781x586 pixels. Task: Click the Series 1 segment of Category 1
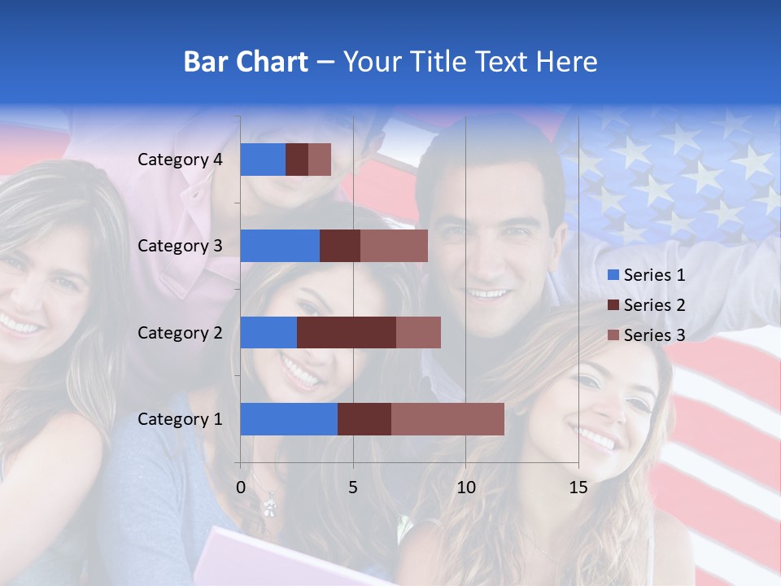pyautogui.click(x=289, y=419)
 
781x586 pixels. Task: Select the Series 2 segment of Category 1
pyautogui.click(x=364, y=419)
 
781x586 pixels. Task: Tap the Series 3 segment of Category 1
pyautogui.click(x=447, y=419)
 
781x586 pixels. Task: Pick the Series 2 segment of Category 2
pyautogui.click(x=347, y=332)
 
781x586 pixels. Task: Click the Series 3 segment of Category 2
pyautogui.click(x=418, y=332)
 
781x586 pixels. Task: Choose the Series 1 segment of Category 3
pyautogui.click(x=280, y=246)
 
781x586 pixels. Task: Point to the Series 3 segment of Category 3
pyautogui.click(x=394, y=246)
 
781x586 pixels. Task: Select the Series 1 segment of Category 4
pyautogui.click(x=263, y=160)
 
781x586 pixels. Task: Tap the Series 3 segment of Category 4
pyautogui.click(x=320, y=160)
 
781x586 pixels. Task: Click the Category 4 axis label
pyautogui.click(x=180, y=160)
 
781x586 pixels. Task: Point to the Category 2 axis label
pyautogui.click(x=180, y=332)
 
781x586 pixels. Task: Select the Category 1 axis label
pyautogui.click(x=180, y=419)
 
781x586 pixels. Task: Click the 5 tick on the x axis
pyautogui.click(x=353, y=488)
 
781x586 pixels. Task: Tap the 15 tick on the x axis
pyautogui.click(x=578, y=488)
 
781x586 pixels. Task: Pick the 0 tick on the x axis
pyautogui.click(x=241, y=488)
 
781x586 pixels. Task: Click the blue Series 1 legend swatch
pyautogui.click(x=612, y=275)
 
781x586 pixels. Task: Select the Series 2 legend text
pyautogui.click(x=654, y=305)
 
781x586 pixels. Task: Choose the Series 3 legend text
pyautogui.click(x=654, y=335)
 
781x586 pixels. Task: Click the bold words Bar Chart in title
pyautogui.click(x=246, y=62)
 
